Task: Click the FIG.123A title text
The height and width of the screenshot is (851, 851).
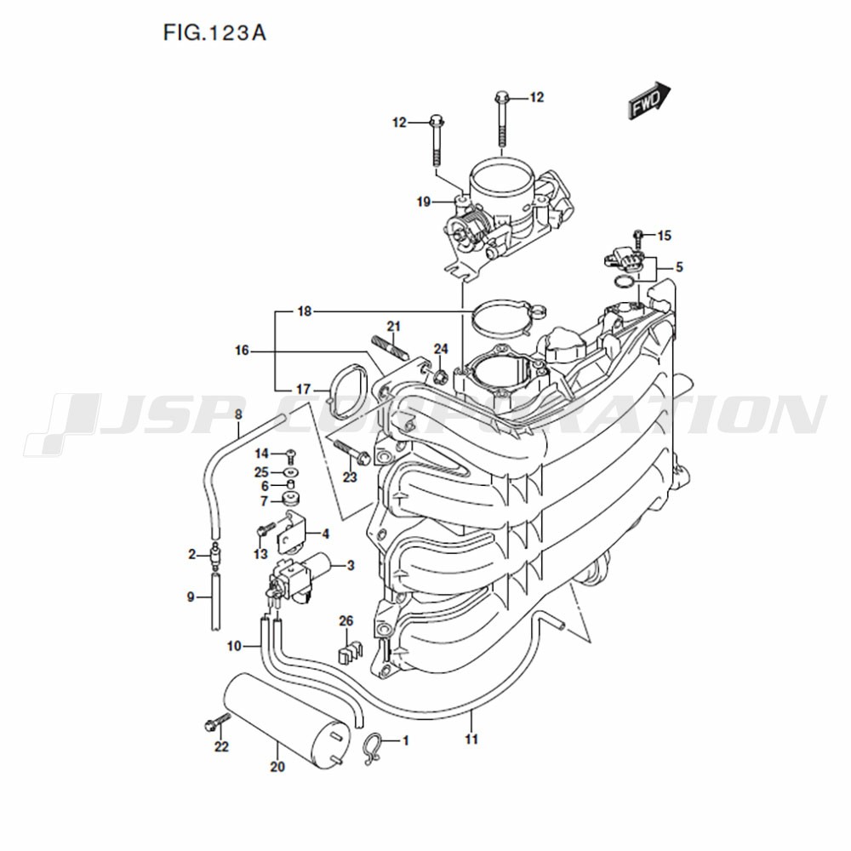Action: (x=214, y=34)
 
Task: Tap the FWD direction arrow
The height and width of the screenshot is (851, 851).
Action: (x=649, y=100)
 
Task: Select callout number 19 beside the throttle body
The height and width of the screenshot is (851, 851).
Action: (x=423, y=203)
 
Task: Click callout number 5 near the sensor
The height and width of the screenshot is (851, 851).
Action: (x=679, y=267)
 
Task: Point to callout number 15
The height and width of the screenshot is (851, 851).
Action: (x=665, y=236)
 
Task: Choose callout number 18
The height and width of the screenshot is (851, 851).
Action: (x=305, y=311)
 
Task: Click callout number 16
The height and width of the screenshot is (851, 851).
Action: (x=242, y=351)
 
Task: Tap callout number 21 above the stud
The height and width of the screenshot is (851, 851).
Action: (x=393, y=326)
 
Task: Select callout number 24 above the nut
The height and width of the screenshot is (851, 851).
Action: (x=441, y=348)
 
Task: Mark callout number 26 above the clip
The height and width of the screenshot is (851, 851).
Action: (x=346, y=620)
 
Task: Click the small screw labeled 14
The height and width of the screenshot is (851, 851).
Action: (x=290, y=453)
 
